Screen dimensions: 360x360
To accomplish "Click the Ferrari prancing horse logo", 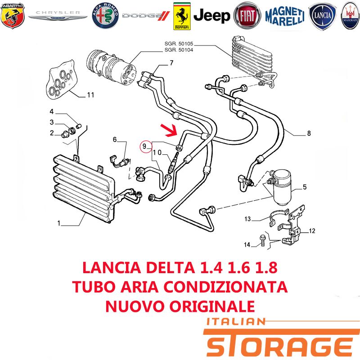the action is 182,16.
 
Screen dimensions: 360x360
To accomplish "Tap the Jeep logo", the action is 211,16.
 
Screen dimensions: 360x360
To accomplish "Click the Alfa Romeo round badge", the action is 105,16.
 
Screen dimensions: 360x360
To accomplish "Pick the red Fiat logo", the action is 247,16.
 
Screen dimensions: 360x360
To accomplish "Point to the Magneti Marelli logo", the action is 285,16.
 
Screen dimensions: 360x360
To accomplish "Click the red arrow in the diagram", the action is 169,130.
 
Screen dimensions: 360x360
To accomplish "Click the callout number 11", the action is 90,95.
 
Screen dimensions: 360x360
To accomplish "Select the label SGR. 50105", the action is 179,44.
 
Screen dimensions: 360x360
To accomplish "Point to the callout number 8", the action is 309,133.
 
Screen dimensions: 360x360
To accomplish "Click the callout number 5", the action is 305,187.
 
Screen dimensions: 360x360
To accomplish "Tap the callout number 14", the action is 247,245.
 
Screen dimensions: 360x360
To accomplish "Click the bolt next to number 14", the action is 263,240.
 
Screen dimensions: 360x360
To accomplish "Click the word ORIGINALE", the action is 212,306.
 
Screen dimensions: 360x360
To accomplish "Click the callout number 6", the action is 115,139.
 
